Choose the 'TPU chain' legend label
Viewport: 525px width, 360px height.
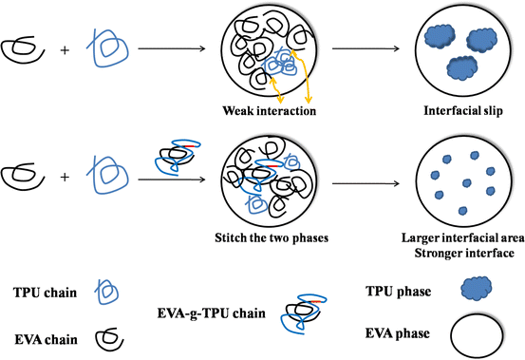click(x=41, y=291)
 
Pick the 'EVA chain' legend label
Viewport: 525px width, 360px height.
click(x=41, y=333)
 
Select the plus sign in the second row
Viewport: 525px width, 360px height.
click(x=65, y=178)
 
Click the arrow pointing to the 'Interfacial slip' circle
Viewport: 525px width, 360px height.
click(x=362, y=50)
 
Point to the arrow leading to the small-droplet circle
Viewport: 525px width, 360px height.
click(x=362, y=178)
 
